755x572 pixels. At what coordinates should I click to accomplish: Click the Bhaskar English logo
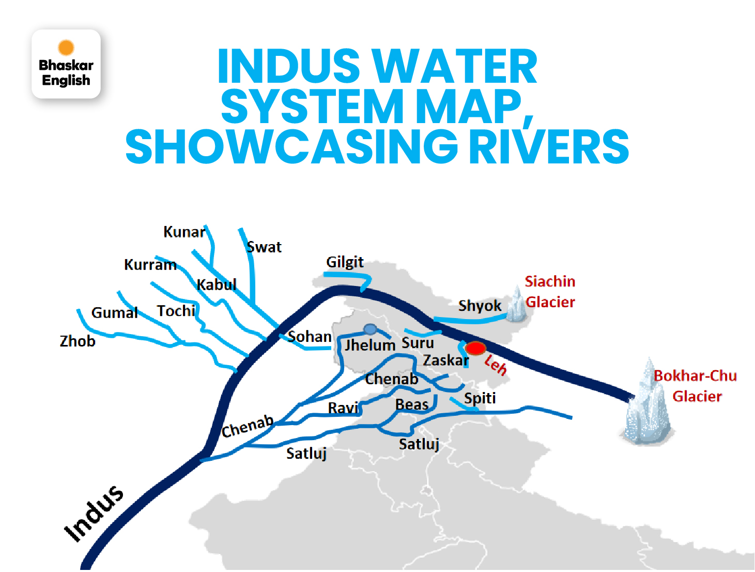tap(66, 64)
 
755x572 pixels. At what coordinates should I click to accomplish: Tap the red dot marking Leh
tap(475, 348)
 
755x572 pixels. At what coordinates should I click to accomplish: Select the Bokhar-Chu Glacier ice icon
tap(647, 403)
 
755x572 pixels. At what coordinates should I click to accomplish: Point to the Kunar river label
tap(184, 232)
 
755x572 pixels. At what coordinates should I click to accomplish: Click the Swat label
tap(264, 247)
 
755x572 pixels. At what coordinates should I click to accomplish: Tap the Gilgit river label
tap(345, 262)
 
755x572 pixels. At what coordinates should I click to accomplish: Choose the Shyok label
tap(480, 306)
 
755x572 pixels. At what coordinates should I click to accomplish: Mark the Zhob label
tap(78, 341)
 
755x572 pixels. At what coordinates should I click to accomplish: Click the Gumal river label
tap(114, 313)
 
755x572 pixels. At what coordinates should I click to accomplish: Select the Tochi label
tap(176, 311)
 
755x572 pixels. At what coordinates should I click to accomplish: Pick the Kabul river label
tap(217, 284)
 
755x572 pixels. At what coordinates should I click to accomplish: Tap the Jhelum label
tap(370, 345)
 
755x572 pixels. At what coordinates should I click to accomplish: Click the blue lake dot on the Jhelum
tap(370, 329)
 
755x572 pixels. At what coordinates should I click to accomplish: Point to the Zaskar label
tap(446, 360)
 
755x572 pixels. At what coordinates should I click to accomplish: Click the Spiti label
tap(480, 398)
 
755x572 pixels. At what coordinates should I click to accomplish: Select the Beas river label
tap(412, 404)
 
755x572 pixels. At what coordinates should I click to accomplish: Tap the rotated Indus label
tap(94, 514)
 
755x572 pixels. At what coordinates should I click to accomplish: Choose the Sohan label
tap(310, 337)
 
